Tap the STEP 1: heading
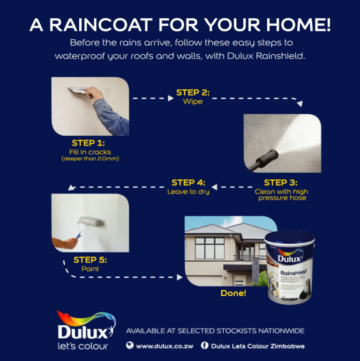pyautogui.click(x=88, y=143)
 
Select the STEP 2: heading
pyautogui.click(x=193, y=93)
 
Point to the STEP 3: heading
pyautogui.click(x=280, y=183)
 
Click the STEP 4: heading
pyautogui.click(x=188, y=183)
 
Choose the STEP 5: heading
pyautogui.click(x=90, y=260)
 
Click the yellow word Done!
pyautogui.click(x=233, y=294)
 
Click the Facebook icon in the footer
pyautogui.click(x=204, y=346)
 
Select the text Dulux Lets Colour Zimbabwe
pyautogui.click(x=258, y=346)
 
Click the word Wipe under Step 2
pyautogui.click(x=193, y=102)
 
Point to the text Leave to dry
pyautogui.click(x=188, y=192)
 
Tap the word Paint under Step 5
pyautogui.click(x=90, y=269)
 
